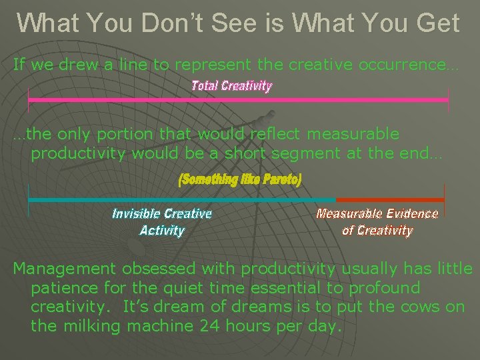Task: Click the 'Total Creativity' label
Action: [231, 85]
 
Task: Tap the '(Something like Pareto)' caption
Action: [240, 180]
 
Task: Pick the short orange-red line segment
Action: [390, 199]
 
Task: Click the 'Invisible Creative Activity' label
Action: [162, 222]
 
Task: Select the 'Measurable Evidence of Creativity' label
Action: [377, 222]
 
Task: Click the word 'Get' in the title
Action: [436, 23]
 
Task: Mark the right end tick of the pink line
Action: [448, 100]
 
